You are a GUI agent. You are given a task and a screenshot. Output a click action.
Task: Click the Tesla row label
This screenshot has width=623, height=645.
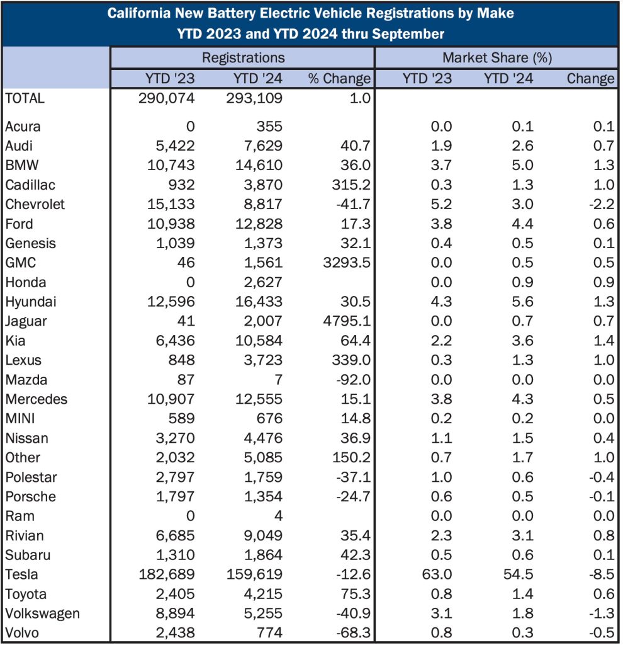[x=21, y=574]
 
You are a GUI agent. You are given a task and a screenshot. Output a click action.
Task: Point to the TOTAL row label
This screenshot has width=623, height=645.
[x=25, y=98]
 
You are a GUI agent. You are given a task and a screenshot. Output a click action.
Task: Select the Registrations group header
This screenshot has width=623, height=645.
[x=243, y=58]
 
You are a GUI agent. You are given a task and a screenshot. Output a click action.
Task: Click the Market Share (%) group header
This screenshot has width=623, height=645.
[x=497, y=58]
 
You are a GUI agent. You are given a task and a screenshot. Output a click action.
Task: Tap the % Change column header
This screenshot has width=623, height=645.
[x=339, y=79]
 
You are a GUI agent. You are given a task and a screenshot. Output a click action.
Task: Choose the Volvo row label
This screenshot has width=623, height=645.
[x=23, y=632]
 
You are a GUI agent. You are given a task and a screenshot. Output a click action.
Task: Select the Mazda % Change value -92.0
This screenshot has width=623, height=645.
[x=349, y=380]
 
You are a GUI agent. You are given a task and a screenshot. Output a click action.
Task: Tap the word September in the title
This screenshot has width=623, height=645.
[x=413, y=33]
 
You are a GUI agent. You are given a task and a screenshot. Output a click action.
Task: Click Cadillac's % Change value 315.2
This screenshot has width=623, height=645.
[x=349, y=185]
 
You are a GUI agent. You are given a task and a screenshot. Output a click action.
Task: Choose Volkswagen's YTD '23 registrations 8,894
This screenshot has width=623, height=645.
[x=173, y=614]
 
